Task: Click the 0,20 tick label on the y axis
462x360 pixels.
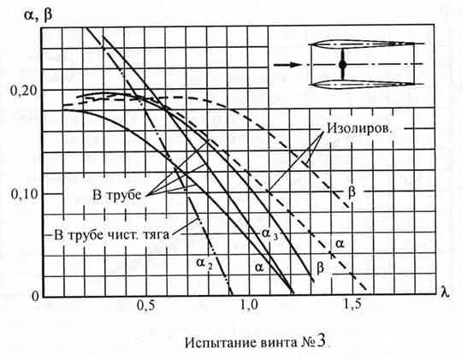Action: tap(24, 91)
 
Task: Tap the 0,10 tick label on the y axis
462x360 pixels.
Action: tap(25, 194)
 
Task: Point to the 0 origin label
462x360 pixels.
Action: tap(35, 296)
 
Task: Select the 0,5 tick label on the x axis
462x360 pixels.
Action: tap(145, 305)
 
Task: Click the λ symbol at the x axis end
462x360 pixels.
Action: tap(445, 292)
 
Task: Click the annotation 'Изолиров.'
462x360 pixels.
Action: tap(359, 128)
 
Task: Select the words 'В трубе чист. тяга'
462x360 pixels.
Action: tap(112, 235)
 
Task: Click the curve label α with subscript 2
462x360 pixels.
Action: tap(204, 263)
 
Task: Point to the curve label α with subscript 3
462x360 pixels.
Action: tap(269, 233)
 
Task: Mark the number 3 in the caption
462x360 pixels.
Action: tap(321, 342)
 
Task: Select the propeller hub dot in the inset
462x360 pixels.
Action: tap(342, 64)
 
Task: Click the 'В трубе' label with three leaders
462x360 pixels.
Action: tap(117, 195)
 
